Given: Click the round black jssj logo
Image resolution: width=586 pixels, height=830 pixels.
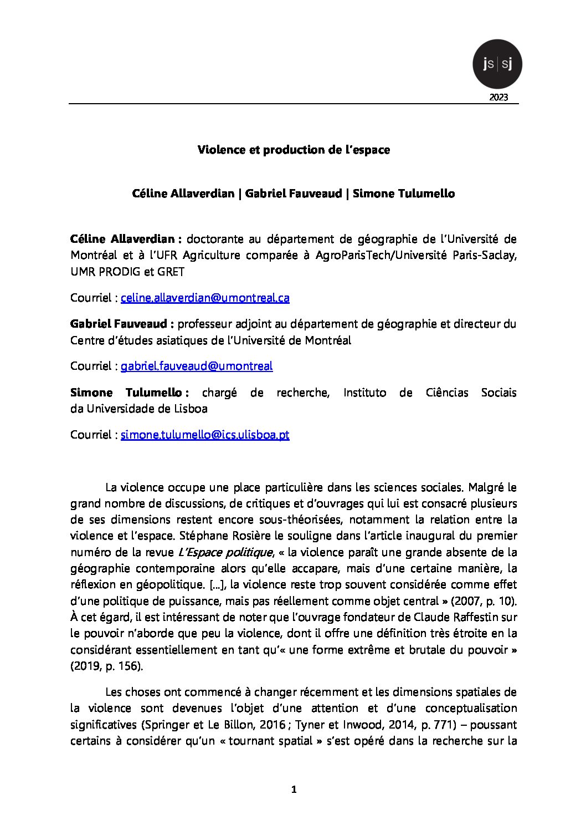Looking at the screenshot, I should [x=497, y=64].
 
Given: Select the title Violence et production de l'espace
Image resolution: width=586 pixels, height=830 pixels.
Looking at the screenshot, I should [x=294, y=150].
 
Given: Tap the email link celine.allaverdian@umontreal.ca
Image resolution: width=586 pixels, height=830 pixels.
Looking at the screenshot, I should [x=205, y=298].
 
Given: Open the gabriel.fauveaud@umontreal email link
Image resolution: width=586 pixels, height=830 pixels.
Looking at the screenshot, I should [x=197, y=366].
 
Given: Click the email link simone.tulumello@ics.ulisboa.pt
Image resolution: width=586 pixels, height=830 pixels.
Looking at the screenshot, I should [x=205, y=435].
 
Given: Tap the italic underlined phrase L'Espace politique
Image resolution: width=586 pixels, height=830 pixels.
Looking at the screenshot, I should [x=225, y=552].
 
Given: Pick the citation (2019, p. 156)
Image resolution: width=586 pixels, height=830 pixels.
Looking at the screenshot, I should [x=106, y=666].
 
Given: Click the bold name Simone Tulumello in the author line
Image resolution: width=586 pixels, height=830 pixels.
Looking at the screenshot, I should [x=403, y=194].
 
